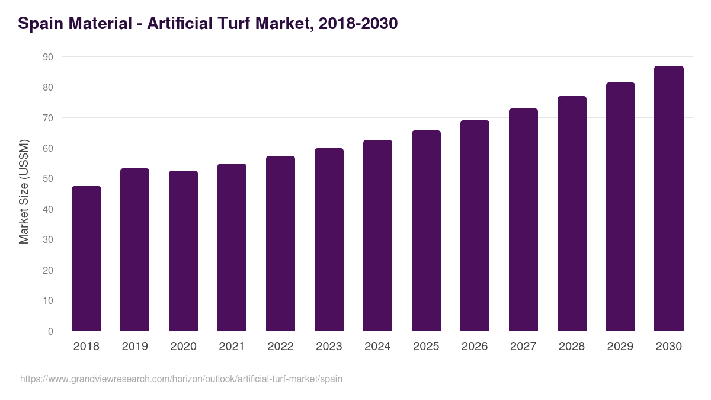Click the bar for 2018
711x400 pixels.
(87, 258)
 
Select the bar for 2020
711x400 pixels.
(183, 251)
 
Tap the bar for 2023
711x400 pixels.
(329, 239)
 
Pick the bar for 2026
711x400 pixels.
(475, 226)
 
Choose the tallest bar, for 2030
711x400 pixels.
(669, 199)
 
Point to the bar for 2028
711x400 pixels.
(572, 213)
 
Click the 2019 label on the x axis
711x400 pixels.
(134, 347)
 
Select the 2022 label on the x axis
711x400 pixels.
(280, 347)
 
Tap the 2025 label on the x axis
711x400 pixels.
(426, 347)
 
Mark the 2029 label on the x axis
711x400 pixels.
(620, 347)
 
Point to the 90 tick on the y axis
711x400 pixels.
(47, 57)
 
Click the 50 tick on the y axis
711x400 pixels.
(47, 178)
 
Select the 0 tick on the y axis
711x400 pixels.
(50, 331)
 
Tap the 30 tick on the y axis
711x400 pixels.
(47, 239)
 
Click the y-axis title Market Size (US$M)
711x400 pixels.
(24, 191)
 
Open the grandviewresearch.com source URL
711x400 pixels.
(181, 379)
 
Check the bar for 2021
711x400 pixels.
(232, 247)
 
